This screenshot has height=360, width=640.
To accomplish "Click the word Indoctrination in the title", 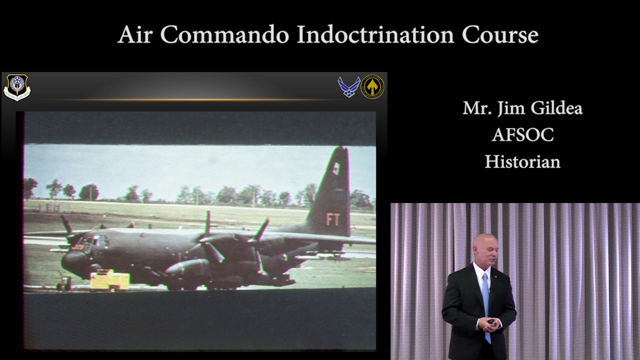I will point(375,34).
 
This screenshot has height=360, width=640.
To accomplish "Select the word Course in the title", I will point(500,34).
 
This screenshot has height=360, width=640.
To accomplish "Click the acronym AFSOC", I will point(522,135).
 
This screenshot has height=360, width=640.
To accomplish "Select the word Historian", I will point(522,161).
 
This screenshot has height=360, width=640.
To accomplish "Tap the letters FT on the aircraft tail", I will point(333,219).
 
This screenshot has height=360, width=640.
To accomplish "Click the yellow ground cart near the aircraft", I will point(109,280).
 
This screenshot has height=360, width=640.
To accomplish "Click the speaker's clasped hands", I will point(489,323).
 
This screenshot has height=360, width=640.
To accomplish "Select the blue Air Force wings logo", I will point(348,87).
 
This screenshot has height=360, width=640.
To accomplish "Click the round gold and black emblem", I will point(372,87).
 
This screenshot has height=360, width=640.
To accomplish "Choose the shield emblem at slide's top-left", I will point(17,87).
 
